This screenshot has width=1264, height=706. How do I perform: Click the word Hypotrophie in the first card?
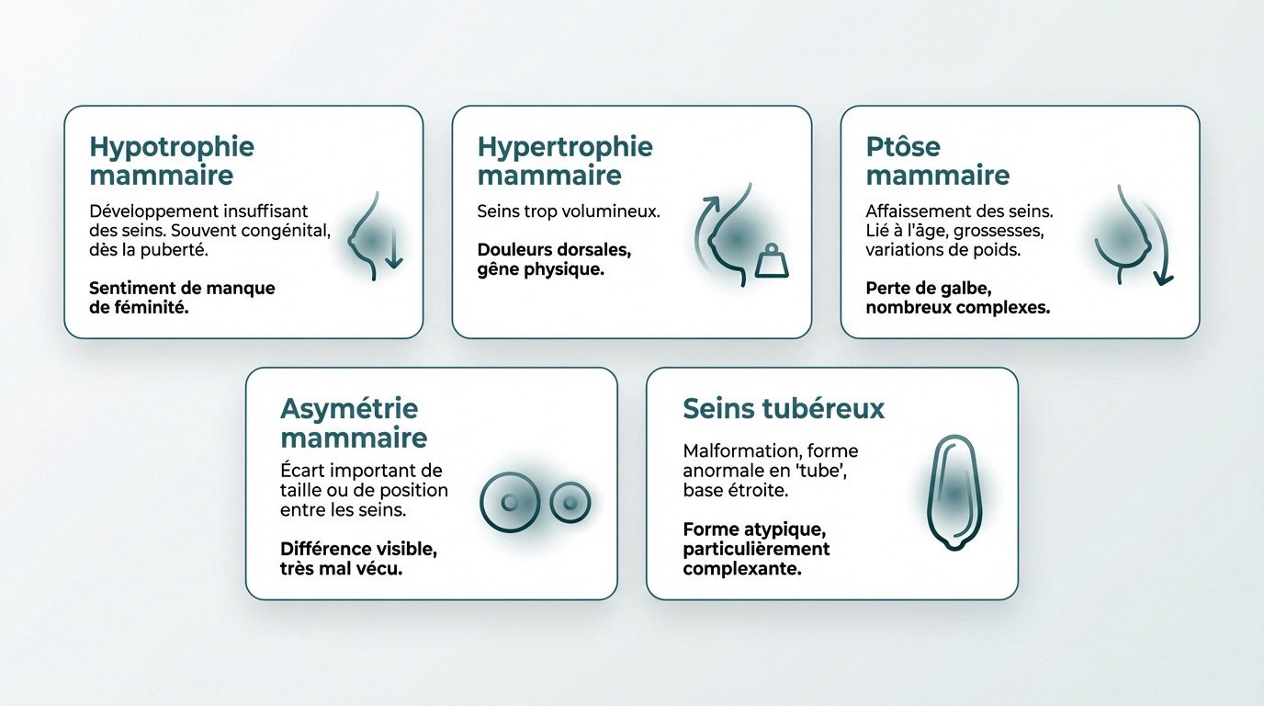172,148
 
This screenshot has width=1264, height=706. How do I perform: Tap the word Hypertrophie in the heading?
565,148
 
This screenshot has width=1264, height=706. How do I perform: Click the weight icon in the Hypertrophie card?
771,262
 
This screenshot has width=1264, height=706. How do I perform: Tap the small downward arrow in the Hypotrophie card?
393,250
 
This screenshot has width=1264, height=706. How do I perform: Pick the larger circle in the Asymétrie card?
510,503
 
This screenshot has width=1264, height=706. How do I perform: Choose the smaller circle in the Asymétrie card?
570,503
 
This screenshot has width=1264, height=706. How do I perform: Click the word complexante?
741,569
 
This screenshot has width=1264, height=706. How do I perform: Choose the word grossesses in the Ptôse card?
997,231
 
